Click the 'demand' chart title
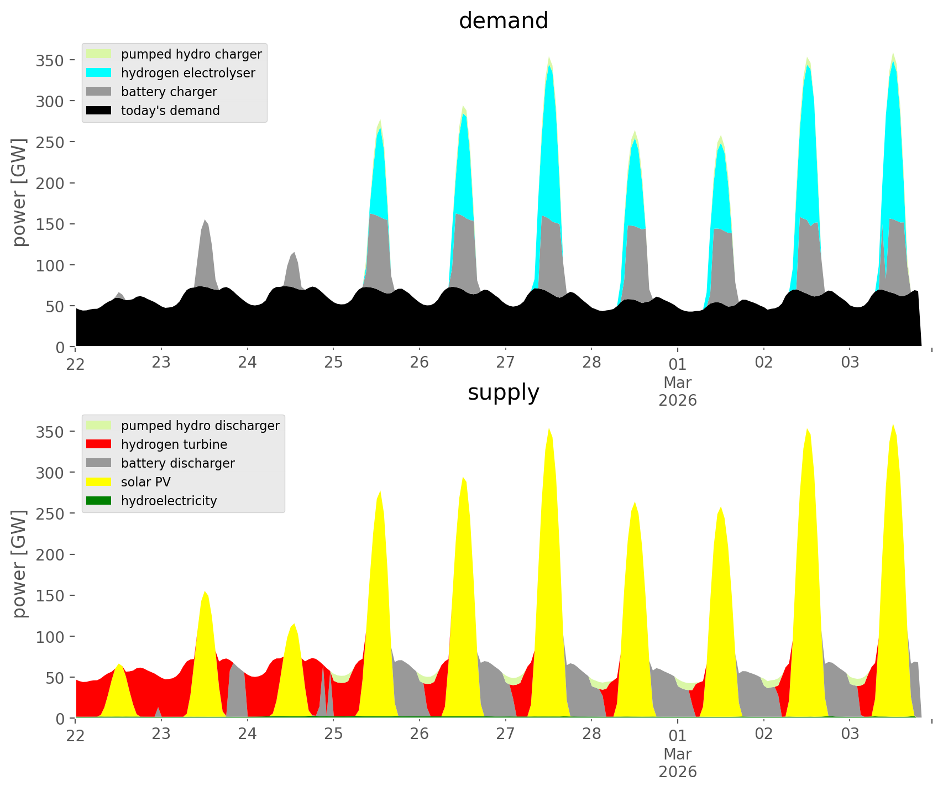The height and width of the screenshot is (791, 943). (x=503, y=21)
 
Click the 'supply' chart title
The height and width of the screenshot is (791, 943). (x=503, y=392)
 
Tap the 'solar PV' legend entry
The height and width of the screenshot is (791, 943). (x=145, y=482)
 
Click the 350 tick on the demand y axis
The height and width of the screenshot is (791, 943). (x=50, y=60)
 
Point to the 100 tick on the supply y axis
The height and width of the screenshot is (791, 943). (x=50, y=637)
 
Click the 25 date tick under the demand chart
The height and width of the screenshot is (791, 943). (x=333, y=363)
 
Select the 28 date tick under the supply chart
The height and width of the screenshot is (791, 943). (x=591, y=735)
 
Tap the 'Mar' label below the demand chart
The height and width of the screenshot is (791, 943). (x=678, y=382)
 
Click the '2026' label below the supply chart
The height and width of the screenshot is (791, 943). (x=678, y=772)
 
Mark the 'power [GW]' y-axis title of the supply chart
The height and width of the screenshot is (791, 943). (x=19, y=564)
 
